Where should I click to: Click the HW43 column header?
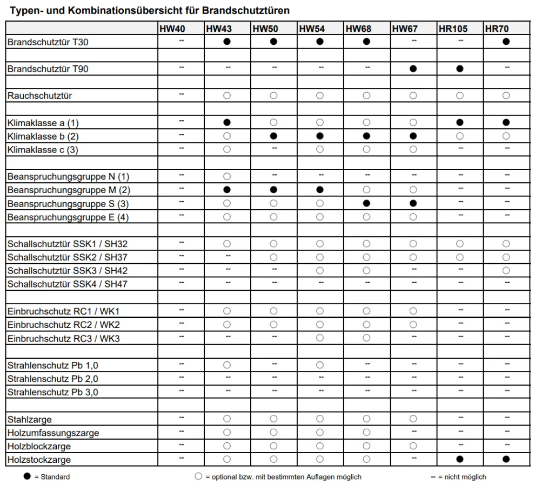pyautogui.click(x=219, y=29)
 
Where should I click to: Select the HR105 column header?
pyautogui.click(x=453, y=29)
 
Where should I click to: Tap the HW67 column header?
pyautogui.click(x=405, y=29)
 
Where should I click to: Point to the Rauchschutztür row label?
pyautogui.click(x=39, y=96)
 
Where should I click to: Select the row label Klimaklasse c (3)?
pyautogui.click(x=43, y=150)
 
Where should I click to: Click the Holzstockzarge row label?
pyautogui.click(x=39, y=460)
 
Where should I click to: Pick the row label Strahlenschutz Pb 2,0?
pyautogui.click(x=53, y=379)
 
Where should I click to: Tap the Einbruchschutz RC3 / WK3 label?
pyautogui.click(x=64, y=339)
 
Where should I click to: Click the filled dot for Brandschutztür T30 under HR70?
pyautogui.click(x=506, y=42)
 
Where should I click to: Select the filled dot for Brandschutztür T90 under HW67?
pyautogui.click(x=413, y=69)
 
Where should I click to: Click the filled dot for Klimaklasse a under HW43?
pyautogui.click(x=227, y=122)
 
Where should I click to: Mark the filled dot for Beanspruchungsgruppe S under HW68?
pyautogui.click(x=366, y=203)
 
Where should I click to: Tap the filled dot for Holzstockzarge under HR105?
pyautogui.click(x=460, y=460)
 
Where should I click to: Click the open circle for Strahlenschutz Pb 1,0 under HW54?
pyautogui.click(x=320, y=365)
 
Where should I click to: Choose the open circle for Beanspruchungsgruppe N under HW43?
pyautogui.click(x=227, y=176)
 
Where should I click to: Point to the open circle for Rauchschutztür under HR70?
pyautogui.click(x=506, y=95)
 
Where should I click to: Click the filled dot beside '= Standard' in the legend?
pyautogui.click(x=27, y=477)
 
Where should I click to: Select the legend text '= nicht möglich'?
pyautogui.click(x=462, y=477)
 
